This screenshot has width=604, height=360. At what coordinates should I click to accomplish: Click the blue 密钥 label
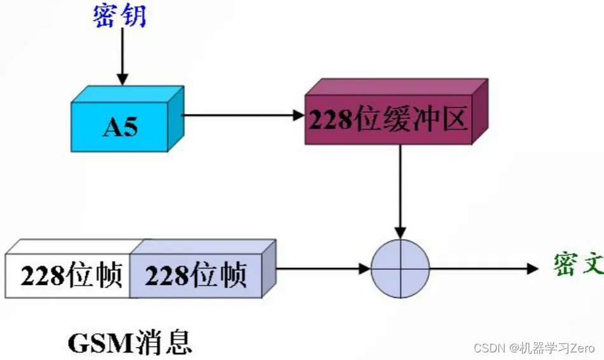coord(120,15)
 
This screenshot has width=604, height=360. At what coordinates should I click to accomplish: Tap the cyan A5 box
coord(121,126)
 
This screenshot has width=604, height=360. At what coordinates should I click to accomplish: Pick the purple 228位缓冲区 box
coord(389,120)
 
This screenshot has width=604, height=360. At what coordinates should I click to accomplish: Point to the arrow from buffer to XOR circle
coord(400,191)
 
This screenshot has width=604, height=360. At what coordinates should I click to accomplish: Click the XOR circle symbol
coord(401,268)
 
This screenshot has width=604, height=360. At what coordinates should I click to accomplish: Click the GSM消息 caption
coord(130,343)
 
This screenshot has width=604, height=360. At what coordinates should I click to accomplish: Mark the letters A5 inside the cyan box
coord(120,127)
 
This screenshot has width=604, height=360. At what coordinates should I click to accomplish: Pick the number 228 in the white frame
coord(43,276)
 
